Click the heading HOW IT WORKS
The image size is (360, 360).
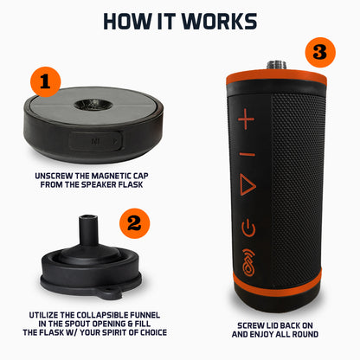click(x=179, y=21)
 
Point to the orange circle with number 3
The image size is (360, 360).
click(x=321, y=51)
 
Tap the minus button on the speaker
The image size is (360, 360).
click(x=247, y=153)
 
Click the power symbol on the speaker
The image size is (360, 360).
click(x=248, y=228)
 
